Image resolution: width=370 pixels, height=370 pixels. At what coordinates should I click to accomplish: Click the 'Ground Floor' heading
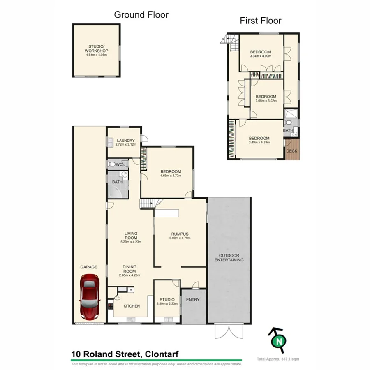(141, 15)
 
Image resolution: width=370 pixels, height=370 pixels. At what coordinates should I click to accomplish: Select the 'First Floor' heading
(261, 21)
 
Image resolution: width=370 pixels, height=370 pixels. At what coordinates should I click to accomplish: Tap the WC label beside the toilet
(119, 165)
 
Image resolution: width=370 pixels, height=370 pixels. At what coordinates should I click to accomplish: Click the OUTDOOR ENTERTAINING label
(229, 258)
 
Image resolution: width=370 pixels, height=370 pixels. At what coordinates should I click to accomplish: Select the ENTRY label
(192, 300)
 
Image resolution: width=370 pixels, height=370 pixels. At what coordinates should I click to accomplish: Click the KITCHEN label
(132, 306)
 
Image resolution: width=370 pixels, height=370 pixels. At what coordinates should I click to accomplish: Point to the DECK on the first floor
(291, 150)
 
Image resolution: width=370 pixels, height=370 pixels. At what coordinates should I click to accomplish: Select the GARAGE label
(88, 267)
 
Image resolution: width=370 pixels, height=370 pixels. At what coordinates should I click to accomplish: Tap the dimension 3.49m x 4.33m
(259, 143)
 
